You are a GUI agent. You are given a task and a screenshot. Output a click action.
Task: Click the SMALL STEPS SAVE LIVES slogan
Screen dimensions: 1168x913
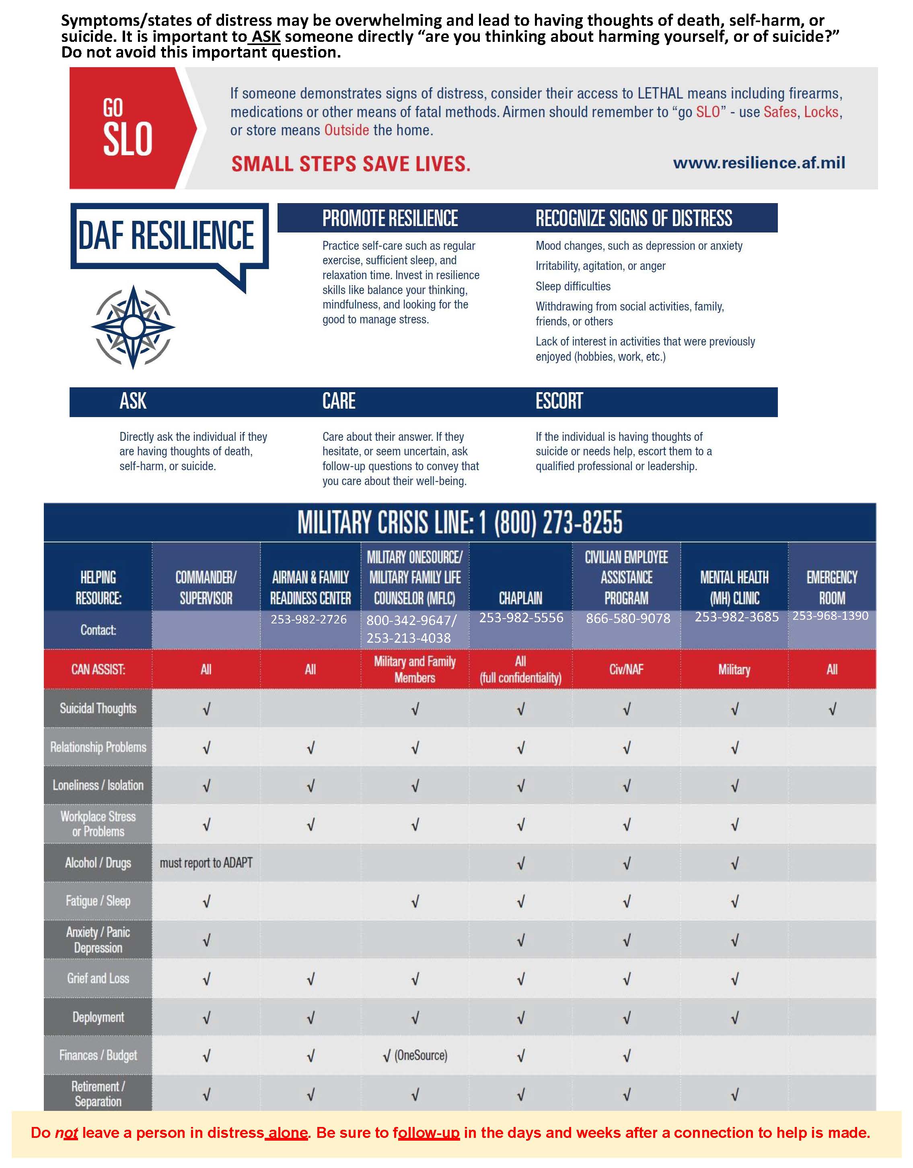[x=350, y=164]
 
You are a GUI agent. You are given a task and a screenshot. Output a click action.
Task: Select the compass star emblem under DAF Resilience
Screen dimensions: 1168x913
[x=133, y=327]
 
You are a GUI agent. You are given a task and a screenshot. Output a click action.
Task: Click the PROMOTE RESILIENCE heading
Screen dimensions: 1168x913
[x=390, y=218]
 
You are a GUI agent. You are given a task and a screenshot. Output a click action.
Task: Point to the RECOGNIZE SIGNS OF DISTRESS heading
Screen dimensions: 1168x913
[x=634, y=218]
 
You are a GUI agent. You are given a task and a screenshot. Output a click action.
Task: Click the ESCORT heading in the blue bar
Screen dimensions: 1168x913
[x=559, y=401]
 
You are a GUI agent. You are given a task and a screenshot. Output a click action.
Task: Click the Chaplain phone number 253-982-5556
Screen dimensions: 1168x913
[x=521, y=618]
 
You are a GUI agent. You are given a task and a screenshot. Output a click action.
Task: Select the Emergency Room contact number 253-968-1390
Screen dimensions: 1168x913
[x=830, y=615]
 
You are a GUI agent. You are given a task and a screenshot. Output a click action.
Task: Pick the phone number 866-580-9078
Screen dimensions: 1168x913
[x=628, y=619]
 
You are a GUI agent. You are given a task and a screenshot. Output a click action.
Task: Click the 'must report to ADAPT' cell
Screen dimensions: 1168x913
[x=206, y=863]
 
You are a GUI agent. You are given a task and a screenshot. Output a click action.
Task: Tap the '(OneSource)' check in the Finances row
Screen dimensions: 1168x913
[x=415, y=1055]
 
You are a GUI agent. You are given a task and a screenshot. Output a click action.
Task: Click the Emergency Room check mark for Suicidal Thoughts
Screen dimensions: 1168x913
[x=832, y=709]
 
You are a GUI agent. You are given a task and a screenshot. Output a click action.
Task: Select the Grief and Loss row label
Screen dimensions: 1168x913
[x=98, y=978]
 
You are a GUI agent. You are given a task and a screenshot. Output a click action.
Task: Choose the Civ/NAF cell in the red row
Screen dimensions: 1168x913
[x=626, y=669]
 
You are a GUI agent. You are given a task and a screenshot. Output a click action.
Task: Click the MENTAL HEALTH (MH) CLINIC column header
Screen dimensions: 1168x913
[x=734, y=587]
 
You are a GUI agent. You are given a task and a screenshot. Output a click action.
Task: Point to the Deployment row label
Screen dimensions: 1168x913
[x=98, y=1017]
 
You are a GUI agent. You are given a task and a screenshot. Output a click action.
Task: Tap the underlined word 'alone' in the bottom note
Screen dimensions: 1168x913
[x=288, y=1133]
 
